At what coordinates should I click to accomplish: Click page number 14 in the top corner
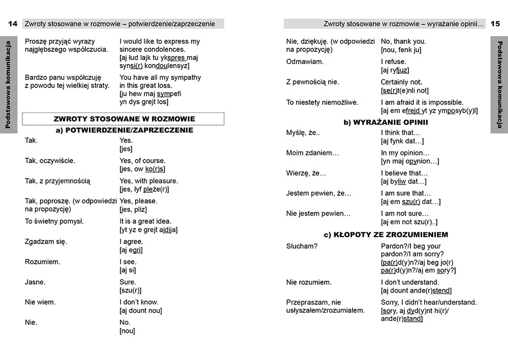(13, 24)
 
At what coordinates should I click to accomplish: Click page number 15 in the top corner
(495, 24)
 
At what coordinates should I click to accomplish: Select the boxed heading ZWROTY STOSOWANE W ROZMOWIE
(124, 119)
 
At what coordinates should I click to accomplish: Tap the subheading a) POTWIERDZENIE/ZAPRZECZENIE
(124, 130)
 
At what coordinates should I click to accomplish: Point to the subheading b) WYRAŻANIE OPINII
(386, 123)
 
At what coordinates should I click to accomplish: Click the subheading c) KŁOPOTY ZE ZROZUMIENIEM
(386, 234)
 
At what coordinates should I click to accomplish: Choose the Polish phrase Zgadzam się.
(46, 241)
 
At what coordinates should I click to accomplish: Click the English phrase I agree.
(131, 241)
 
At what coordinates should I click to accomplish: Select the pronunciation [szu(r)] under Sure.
(130, 290)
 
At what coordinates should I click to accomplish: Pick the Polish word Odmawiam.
(305, 62)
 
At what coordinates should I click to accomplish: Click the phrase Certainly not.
(401, 82)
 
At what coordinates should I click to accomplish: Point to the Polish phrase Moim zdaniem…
(312, 153)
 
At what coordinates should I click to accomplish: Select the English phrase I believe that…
(404, 173)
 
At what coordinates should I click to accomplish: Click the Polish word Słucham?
(302, 247)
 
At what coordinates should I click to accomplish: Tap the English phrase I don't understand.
(409, 282)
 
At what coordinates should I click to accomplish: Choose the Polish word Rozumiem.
(43, 262)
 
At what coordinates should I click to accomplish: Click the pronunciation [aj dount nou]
(141, 311)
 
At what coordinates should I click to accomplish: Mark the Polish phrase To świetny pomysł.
(54, 221)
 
